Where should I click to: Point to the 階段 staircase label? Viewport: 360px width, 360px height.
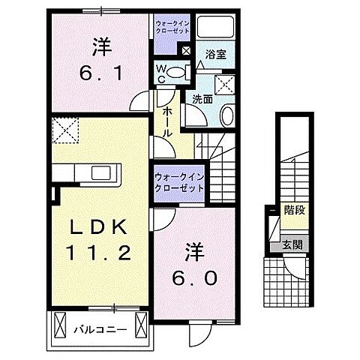[x=292, y=210]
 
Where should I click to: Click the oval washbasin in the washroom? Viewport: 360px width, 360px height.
[x=226, y=114]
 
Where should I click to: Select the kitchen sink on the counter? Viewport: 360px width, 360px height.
[x=100, y=174]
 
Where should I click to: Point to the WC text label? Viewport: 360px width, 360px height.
[x=160, y=73]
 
